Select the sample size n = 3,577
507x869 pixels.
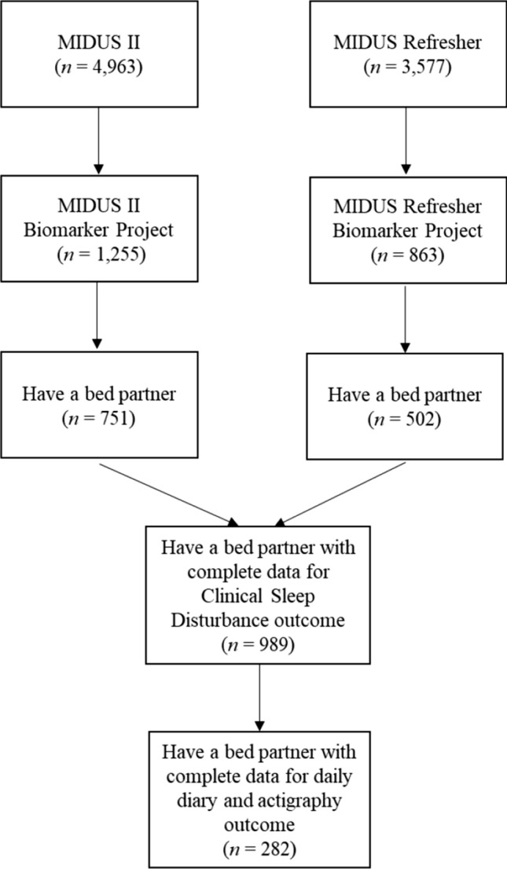[406, 67]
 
